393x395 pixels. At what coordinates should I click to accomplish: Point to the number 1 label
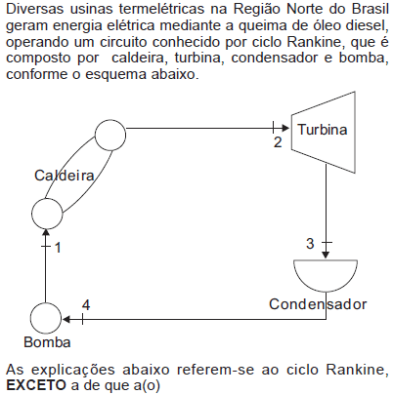tap(58, 248)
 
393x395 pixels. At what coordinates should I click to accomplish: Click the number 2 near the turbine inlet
tap(278, 142)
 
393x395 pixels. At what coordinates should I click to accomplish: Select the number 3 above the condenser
tap(310, 244)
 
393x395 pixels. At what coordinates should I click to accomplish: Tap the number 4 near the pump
tap(86, 305)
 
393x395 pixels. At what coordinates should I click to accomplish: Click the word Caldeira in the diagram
tap(65, 176)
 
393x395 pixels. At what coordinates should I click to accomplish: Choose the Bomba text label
tap(47, 342)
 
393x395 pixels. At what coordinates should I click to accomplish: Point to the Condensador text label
tap(318, 304)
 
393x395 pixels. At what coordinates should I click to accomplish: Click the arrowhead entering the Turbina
tap(286, 128)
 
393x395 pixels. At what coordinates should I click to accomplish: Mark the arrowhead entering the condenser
tap(326, 255)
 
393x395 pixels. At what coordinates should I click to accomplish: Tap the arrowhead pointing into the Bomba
tap(65, 319)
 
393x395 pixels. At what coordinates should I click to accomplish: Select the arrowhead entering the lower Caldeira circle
tap(46, 233)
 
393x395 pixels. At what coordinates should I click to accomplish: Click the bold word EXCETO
tap(36, 385)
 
